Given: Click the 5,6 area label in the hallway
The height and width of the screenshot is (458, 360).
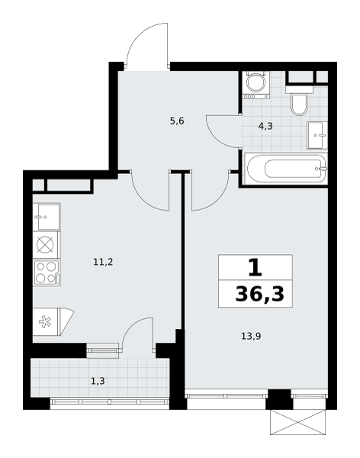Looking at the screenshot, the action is (x=177, y=121).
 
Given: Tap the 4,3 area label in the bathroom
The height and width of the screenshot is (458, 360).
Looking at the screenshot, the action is (x=265, y=126).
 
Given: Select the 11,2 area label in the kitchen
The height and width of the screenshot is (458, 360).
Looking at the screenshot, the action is (x=103, y=262).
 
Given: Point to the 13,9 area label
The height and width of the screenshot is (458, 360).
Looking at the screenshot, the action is (x=251, y=336).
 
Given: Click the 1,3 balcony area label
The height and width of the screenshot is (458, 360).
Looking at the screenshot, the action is (x=98, y=381).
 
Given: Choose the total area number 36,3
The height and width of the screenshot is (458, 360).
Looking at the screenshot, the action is (x=259, y=294).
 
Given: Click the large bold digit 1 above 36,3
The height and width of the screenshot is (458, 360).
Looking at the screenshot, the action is (x=255, y=268).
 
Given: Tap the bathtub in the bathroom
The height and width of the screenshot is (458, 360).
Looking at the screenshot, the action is (x=286, y=169).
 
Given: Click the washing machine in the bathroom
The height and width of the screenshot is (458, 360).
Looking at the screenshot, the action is (x=256, y=85).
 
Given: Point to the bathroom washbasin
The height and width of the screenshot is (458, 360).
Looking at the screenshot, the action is (x=317, y=135).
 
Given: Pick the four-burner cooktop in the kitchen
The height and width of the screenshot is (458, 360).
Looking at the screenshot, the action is (x=47, y=273).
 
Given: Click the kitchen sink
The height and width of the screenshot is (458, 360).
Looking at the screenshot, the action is (x=47, y=217).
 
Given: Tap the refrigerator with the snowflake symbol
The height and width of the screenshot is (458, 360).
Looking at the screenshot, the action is (x=53, y=321).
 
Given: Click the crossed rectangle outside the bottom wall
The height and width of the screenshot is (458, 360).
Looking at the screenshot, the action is (x=297, y=422).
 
